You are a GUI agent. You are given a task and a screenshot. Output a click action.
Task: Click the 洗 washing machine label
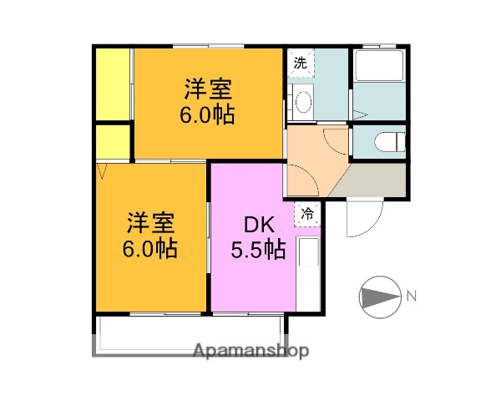click(x=299, y=62)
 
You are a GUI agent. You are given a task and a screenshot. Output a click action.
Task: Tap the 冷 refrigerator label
click(x=308, y=214)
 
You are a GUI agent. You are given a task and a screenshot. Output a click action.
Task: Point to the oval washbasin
click(x=303, y=101)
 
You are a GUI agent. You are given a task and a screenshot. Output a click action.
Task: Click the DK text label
click(x=255, y=226)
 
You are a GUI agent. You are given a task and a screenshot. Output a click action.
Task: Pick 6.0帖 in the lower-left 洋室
click(x=149, y=248)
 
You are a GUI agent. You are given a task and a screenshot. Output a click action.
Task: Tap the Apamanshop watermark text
click(x=250, y=350)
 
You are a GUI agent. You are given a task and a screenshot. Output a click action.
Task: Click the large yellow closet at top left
click(x=113, y=84)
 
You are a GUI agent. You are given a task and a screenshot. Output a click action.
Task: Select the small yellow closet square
click(x=112, y=142)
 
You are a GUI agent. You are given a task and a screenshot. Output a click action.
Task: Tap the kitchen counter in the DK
click(x=307, y=272)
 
